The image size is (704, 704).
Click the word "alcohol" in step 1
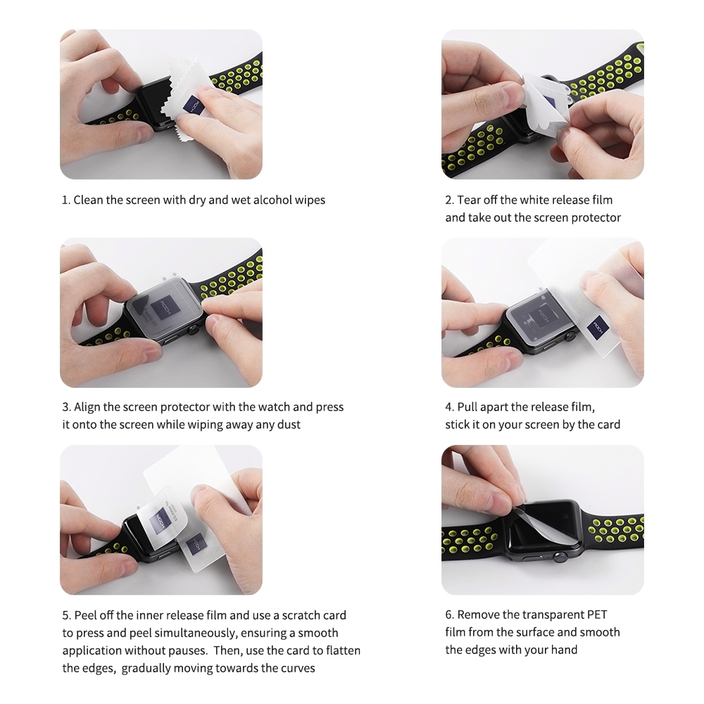[x=272, y=200]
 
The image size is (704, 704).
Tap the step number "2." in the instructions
[x=449, y=200]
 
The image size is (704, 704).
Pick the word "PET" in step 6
[x=597, y=615]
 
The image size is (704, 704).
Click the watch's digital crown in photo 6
[x=559, y=558]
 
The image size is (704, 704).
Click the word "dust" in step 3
[x=289, y=425]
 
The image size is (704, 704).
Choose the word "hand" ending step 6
[x=565, y=650]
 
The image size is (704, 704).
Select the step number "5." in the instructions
[x=66, y=615]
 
